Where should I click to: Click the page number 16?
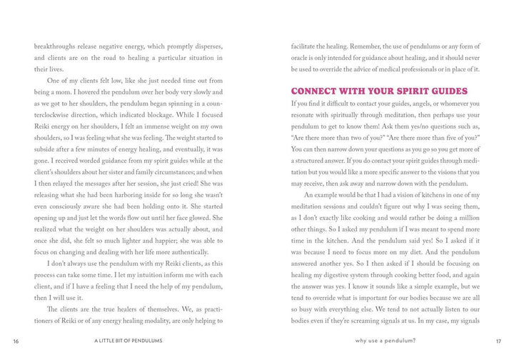(x=15, y=341)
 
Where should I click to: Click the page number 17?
(x=497, y=341)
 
